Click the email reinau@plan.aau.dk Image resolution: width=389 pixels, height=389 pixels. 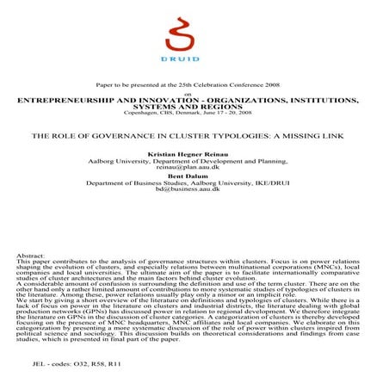pos(194,167)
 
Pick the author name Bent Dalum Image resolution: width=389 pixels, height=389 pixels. pos(194,175)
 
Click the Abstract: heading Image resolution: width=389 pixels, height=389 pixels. pos(33,256)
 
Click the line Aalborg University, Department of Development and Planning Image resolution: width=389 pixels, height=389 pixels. pos(194,160)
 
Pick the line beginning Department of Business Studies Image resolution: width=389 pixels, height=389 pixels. pos(194,182)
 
